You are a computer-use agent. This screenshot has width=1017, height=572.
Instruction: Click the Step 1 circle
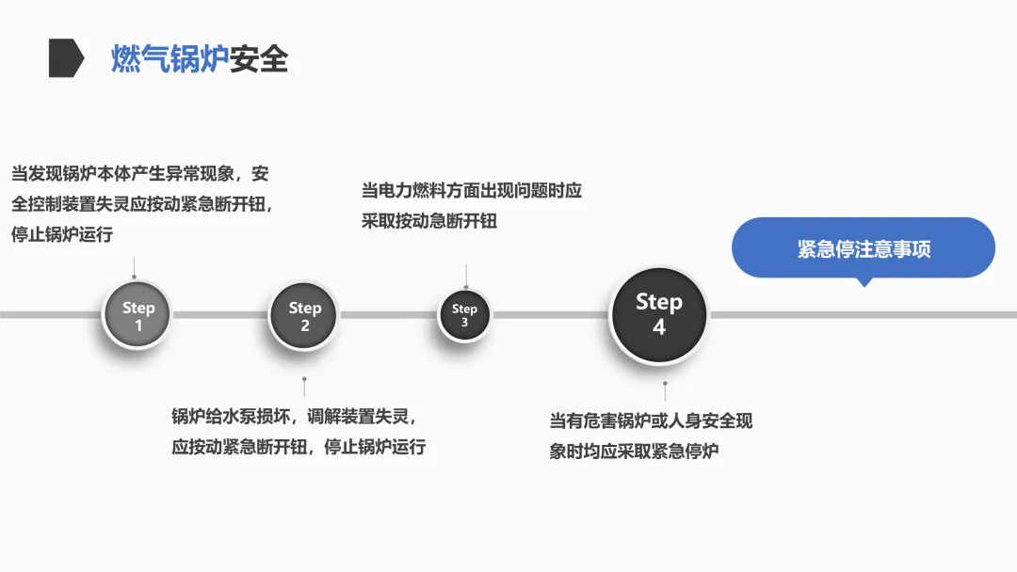coord(137,316)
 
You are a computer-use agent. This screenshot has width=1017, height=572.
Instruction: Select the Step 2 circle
coord(304,316)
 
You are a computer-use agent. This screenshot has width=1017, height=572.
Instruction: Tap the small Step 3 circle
coord(464,315)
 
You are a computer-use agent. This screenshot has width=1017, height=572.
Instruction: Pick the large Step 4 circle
coord(658,314)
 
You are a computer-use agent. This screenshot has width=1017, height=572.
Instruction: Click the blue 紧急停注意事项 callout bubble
coord(864,249)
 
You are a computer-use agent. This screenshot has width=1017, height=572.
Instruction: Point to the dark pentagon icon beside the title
coord(66,58)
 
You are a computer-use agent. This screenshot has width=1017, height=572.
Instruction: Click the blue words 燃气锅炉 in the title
coord(169,59)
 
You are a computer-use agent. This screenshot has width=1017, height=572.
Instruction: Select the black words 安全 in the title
coord(259,59)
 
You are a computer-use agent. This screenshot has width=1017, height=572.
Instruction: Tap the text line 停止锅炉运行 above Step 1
coord(62,234)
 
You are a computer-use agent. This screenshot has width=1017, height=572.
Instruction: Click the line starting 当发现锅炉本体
coord(140,174)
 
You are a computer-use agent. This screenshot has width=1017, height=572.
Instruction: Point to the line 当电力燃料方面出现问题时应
coord(472,191)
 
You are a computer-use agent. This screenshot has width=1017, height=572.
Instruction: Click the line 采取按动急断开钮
coord(429,221)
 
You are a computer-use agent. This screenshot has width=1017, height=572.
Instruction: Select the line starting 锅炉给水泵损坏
coord(293,417)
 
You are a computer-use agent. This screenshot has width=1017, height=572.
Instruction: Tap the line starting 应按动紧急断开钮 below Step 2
coord(299,447)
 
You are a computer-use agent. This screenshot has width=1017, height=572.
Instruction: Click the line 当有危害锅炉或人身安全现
coord(651,421)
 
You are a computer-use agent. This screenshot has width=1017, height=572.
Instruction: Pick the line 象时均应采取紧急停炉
coord(634,452)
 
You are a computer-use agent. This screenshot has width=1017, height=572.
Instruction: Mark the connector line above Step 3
coord(465,276)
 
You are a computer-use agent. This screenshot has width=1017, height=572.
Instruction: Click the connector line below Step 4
coord(665,391)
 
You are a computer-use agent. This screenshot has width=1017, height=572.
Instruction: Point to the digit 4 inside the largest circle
coord(659,327)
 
